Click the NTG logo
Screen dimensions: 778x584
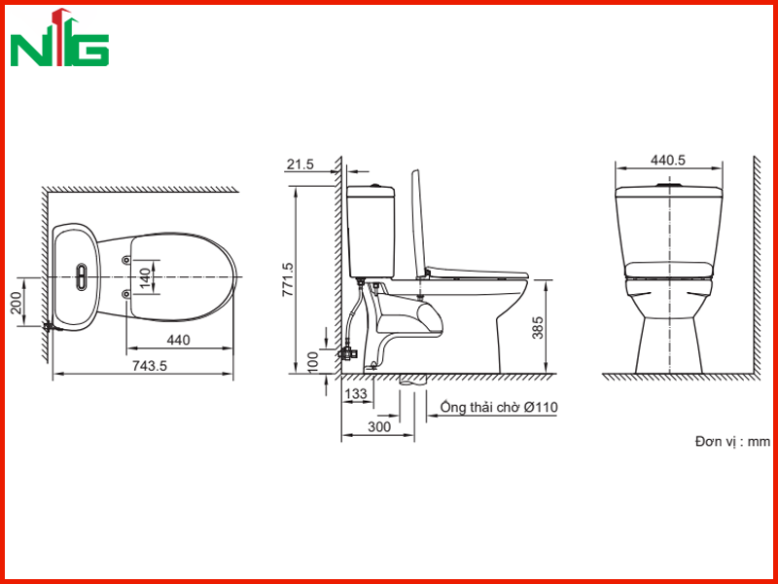pos(59,38)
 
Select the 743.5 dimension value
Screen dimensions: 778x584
pos(150,366)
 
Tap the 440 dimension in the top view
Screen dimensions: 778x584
pos(178,340)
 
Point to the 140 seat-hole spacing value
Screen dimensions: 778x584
pos(144,277)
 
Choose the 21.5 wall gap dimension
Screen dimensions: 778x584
pos(301,164)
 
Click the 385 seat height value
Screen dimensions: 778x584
pos(538,327)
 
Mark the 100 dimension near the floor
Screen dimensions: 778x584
pos(312,362)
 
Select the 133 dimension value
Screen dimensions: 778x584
pos(356,394)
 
